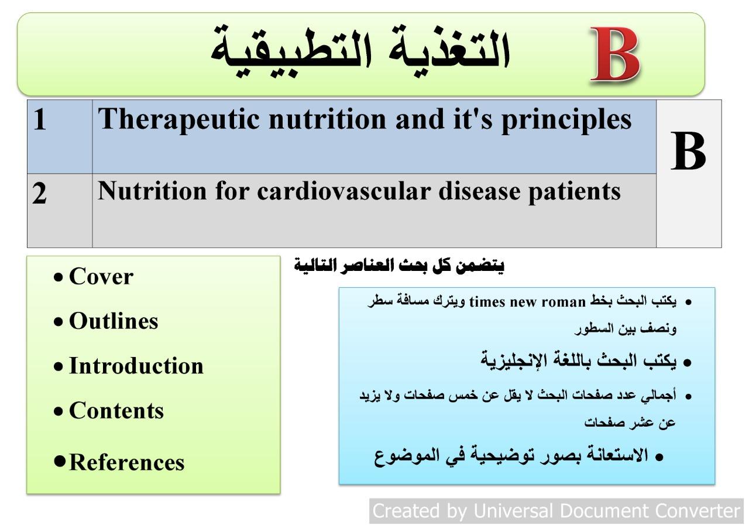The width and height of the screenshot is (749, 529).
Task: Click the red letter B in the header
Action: click(x=615, y=54)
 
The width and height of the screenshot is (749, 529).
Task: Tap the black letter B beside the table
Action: click(x=688, y=150)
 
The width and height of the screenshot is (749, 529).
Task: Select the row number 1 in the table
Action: click(x=40, y=119)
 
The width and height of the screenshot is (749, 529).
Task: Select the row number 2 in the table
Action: click(x=39, y=193)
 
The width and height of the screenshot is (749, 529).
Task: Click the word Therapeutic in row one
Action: click(x=178, y=121)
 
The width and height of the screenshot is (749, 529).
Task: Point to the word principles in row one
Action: click(x=566, y=121)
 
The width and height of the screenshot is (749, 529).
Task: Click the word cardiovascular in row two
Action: click(x=343, y=191)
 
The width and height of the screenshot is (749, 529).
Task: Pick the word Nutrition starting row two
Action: click(x=152, y=191)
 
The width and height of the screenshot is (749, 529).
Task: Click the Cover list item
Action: click(x=101, y=277)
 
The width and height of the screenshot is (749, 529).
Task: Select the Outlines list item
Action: click(x=114, y=321)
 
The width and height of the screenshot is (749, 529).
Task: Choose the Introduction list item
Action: click(x=136, y=366)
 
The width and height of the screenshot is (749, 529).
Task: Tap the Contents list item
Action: click(x=116, y=411)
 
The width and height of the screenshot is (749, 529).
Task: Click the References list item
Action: click(x=127, y=462)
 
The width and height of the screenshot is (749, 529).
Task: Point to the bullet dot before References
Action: click(x=60, y=461)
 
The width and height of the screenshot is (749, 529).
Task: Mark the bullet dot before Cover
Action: click(x=58, y=277)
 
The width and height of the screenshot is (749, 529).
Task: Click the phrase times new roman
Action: click(x=527, y=303)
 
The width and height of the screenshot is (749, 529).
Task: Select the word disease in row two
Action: click(x=479, y=191)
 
